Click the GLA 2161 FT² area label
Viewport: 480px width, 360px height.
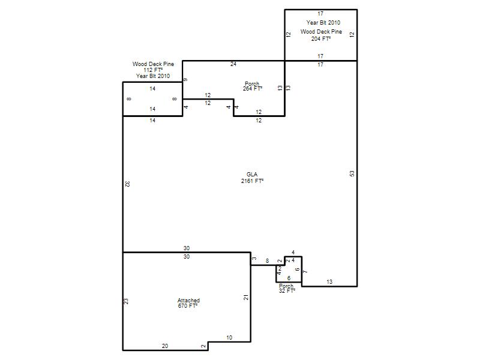coord(252,178)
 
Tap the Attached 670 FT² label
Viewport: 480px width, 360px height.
coord(188,303)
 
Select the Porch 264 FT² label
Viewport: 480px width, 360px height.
coord(252,86)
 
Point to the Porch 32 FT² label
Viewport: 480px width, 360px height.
coord(287,289)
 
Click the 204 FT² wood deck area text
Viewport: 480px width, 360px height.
coord(321,39)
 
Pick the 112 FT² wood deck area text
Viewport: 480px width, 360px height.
coord(153,70)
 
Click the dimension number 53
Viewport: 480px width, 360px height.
coord(352,173)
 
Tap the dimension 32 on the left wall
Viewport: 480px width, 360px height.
coord(127,184)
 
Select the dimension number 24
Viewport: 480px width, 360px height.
coord(233,64)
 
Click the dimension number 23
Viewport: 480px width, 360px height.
coord(126,302)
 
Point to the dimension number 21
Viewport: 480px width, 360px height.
coord(246,297)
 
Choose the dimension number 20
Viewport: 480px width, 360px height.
coord(165,346)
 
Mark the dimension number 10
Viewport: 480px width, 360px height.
coord(229,338)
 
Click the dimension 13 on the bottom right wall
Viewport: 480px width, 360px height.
coord(329,282)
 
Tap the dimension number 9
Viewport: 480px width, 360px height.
coord(185,80)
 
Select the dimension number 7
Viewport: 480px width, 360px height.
coord(305,272)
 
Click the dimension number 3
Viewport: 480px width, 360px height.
coord(254,259)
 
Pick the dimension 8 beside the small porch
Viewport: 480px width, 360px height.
coord(267,261)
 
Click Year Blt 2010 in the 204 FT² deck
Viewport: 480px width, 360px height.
coord(323,23)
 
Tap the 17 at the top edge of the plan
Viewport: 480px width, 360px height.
coord(320,14)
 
